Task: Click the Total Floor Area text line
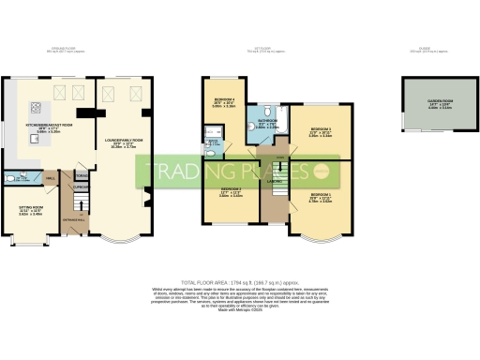240,280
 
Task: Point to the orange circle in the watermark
321,171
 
